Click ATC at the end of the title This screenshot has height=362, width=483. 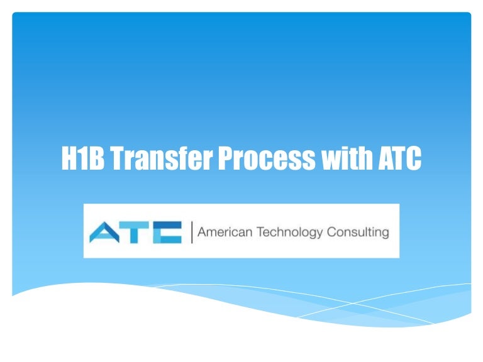pos(399,158)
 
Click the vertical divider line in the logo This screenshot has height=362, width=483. pos(191,232)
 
